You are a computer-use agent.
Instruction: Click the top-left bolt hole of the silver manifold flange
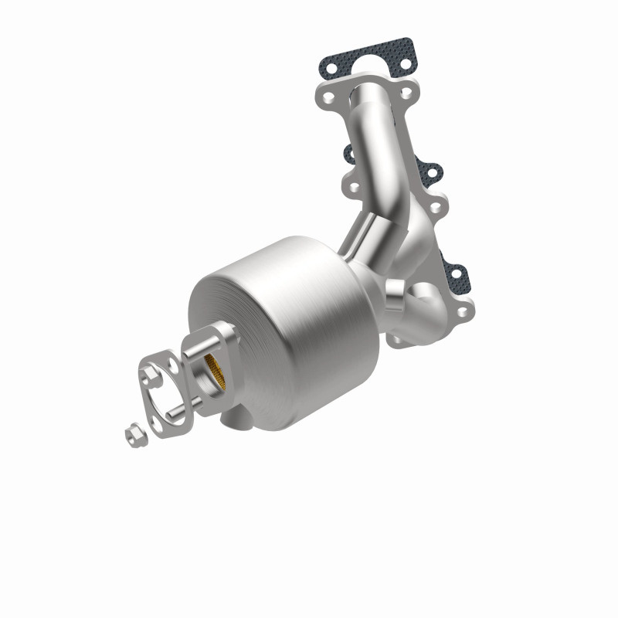click(x=329, y=100)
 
